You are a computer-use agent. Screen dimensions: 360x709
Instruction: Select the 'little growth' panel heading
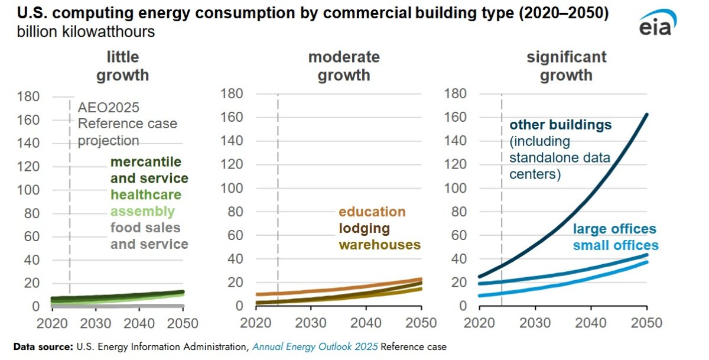point(123,66)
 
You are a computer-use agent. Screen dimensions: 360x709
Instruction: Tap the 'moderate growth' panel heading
point(344,66)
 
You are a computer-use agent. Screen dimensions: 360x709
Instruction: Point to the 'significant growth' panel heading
point(567,66)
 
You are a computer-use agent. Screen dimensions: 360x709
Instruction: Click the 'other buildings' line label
point(560,125)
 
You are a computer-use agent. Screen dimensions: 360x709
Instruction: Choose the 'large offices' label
point(614,229)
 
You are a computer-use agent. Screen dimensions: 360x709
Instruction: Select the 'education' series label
point(372,212)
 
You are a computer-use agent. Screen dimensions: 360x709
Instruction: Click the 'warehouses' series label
point(379,245)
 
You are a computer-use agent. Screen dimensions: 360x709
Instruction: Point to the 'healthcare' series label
point(146,194)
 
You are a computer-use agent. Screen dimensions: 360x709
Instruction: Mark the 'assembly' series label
point(142,211)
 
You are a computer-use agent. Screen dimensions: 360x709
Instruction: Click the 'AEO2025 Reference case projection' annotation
point(128,124)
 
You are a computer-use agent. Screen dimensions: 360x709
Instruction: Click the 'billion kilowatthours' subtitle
point(86,31)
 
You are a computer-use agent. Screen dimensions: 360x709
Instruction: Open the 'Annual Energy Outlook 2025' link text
point(315,347)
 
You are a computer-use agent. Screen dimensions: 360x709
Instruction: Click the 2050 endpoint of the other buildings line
point(646,115)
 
